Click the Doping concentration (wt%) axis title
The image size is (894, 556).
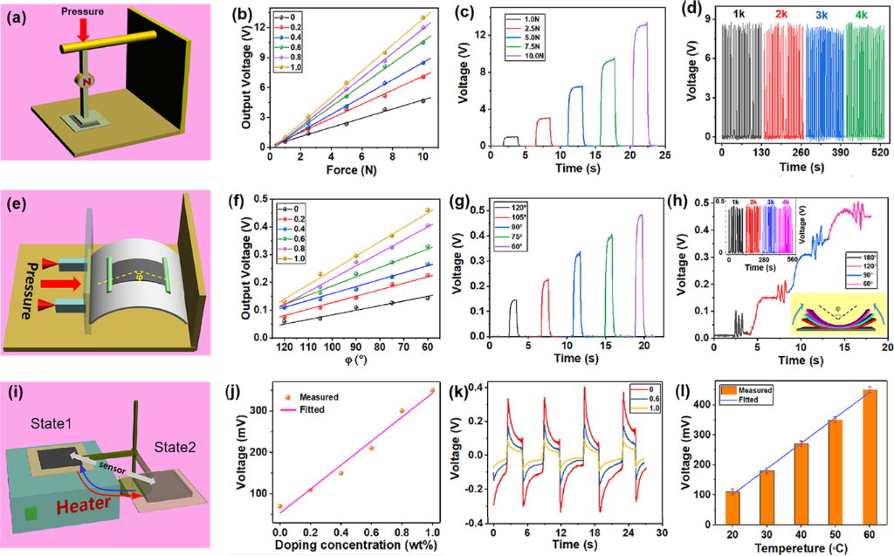coord(359,544)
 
